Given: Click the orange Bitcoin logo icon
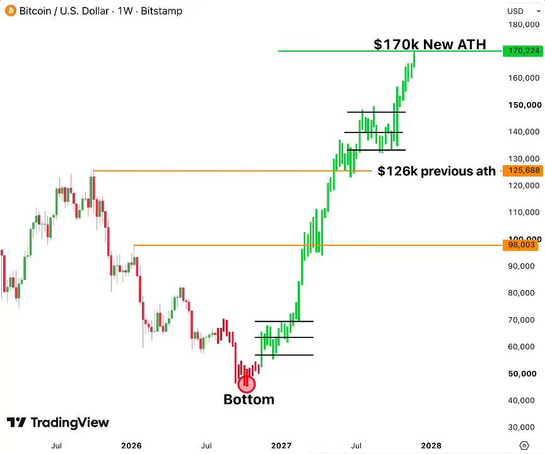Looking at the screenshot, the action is click(x=11, y=11).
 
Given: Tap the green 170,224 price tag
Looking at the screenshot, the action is click(x=523, y=50).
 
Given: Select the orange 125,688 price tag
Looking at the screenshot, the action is click(x=522, y=170).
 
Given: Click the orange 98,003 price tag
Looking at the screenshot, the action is click(x=520, y=245).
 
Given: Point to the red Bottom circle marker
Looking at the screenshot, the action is click(x=247, y=384).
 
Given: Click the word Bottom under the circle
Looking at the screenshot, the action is click(x=249, y=400).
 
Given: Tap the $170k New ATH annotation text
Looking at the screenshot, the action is click(x=430, y=44).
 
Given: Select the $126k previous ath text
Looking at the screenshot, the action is click(x=437, y=171).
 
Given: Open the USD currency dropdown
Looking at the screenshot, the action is click(x=524, y=11).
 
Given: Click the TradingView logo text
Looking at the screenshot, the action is click(x=58, y=422).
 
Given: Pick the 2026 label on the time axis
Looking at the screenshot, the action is click(x=131, y=445).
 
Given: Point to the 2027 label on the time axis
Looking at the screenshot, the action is click(x=281, y=445).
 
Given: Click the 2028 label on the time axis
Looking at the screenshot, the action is click(x=431, y=445).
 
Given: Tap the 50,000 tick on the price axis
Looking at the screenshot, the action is click(x=522, y=374).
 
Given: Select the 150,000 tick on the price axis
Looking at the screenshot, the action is click(x=525, y=105).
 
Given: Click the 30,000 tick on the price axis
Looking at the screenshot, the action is click(x=521, y=428).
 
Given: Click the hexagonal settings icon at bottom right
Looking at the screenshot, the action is click(x=524, y=445).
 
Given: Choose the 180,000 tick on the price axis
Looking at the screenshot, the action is click(x=524, y=25).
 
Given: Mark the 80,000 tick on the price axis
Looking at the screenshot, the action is click(x=521, y=293).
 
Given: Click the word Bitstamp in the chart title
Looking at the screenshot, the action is click(x=161, y=11).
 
